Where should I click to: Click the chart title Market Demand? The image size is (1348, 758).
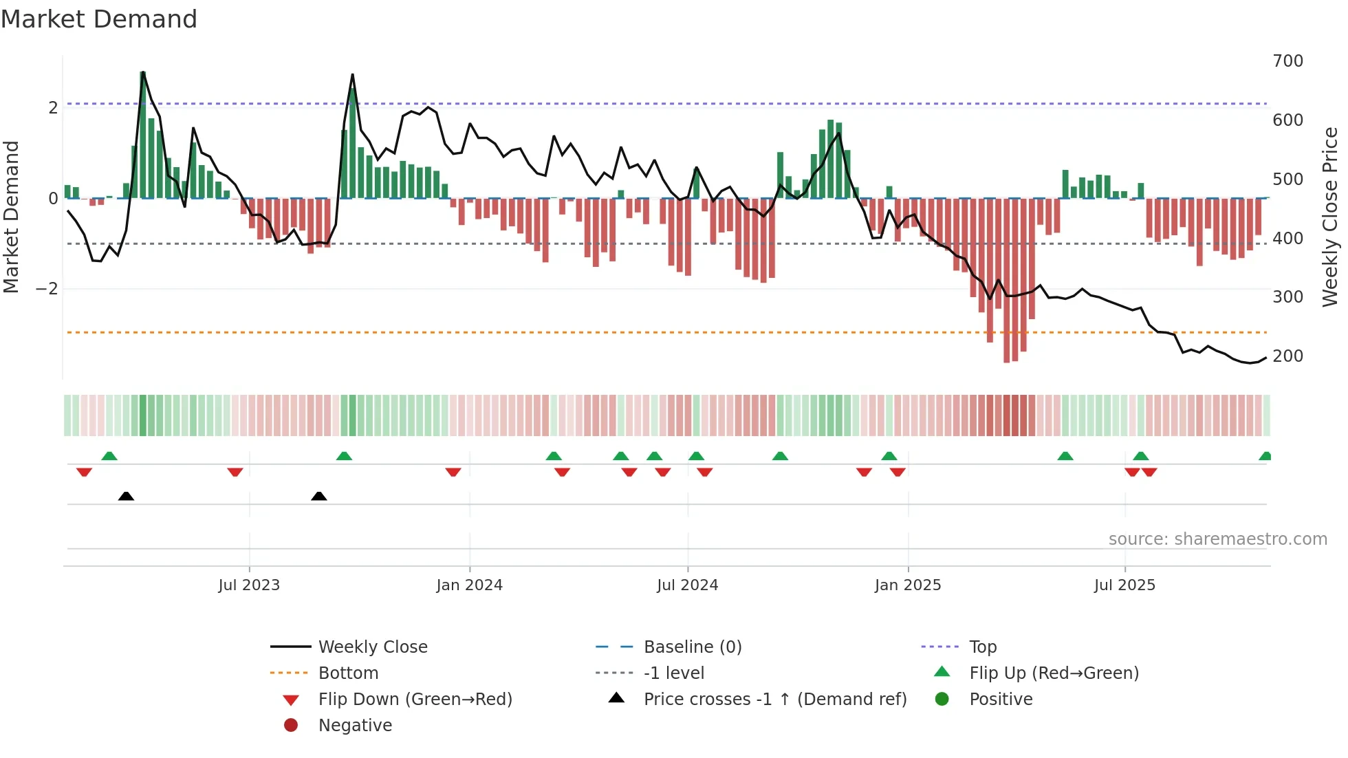(x=99, y=19)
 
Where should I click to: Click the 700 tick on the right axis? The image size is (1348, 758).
(x=1287, y=61)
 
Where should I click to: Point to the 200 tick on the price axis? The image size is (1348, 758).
(x=1287, y=356)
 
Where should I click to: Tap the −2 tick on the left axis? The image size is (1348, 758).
(x=47, y=289)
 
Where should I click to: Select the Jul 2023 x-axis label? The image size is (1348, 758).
(x=249, y=585)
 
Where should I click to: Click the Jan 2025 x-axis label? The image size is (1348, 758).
(x=907, y=585)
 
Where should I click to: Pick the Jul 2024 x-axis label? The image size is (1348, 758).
(x=687, y=585)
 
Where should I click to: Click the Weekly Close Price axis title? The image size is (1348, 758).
(x=1330, y=217)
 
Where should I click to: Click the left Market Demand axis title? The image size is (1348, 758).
(x=12, y=217)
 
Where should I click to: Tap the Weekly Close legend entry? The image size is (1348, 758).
(x=372, y=647)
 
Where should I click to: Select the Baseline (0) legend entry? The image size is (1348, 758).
(x=692, y=647)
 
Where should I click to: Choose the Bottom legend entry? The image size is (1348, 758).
(x=348, y=673)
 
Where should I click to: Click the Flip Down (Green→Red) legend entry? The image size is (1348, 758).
(x=415, y=700)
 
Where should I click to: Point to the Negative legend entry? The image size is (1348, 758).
(x=355, y=726)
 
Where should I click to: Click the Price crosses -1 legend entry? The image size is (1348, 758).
(x=774, y=700)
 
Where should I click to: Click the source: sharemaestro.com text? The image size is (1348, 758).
(x=1217, y=539)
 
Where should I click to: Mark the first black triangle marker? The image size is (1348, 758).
(x=126, y=496)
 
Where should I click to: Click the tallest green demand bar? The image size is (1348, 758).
(x=142, y=135)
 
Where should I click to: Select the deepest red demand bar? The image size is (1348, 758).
(x=1007, y=280)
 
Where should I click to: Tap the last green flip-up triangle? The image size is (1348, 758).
(x=1265, y=456)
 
